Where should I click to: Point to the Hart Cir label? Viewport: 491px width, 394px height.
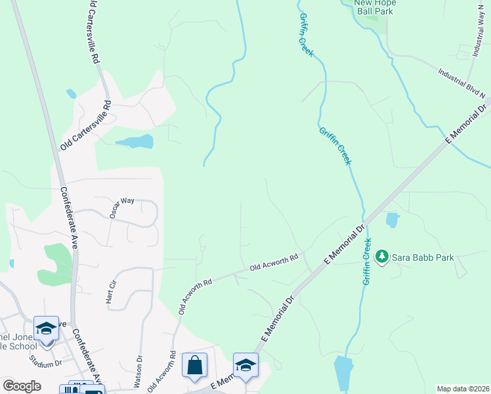pos(110,292)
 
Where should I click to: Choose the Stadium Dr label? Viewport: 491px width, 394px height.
pos(45,361)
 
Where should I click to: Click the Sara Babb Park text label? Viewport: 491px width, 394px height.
pos(423,257)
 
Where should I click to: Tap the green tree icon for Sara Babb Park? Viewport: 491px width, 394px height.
pos(382,257)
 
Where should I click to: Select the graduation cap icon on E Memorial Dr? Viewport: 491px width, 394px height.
pos(245,365)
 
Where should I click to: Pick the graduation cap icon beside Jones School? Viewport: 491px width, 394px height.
pos(46,329)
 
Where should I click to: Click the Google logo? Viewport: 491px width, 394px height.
pos(22,386)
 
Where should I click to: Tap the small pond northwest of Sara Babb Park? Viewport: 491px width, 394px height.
pos(393,220)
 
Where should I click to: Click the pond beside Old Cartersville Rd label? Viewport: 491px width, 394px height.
pos(135,141)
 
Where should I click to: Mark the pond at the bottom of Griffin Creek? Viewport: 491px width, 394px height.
pos(343,372)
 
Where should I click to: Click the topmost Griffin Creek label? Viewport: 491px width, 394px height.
pos(305,35)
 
